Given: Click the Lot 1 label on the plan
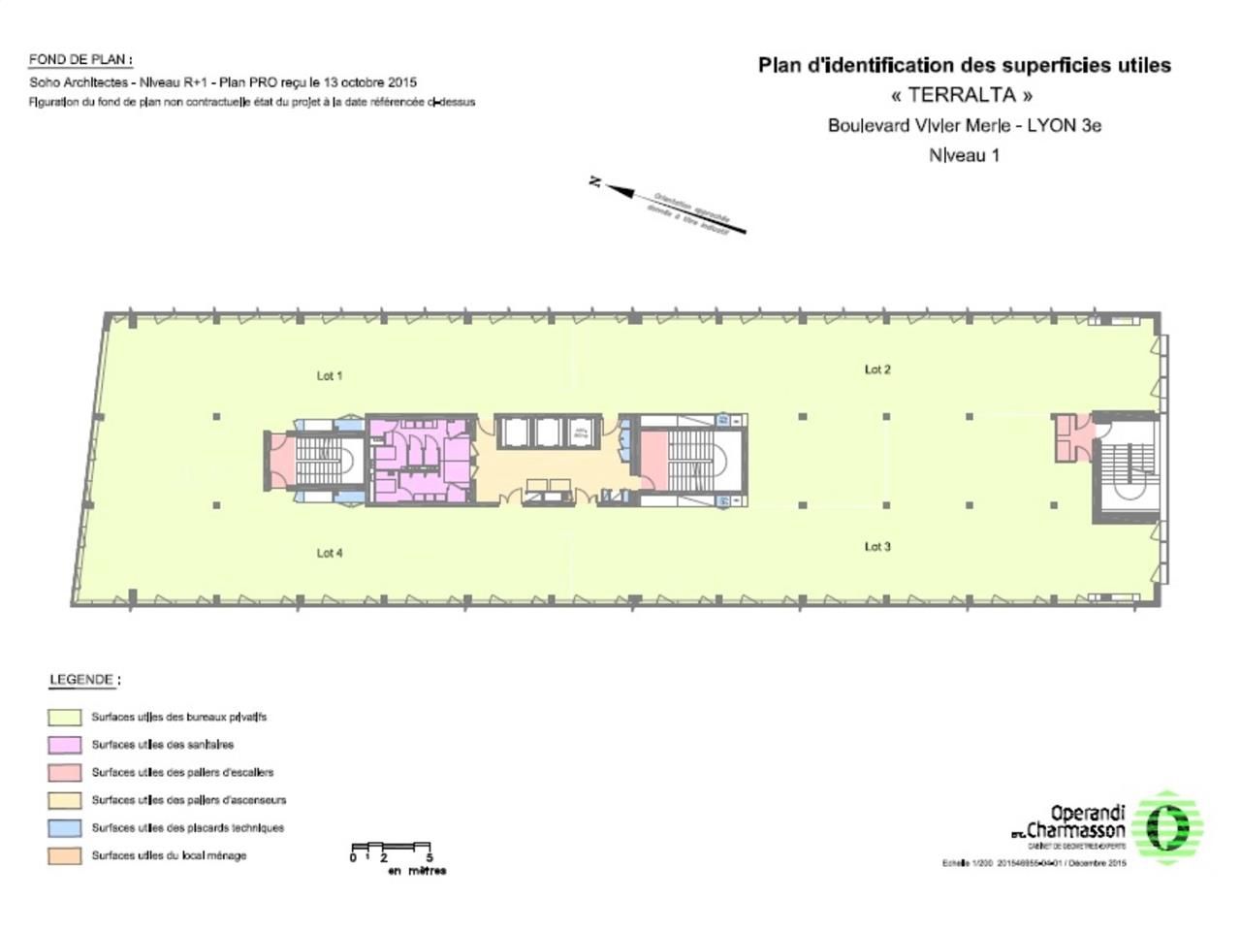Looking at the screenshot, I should coord(330,375).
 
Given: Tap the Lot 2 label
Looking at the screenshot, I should coord(877,369).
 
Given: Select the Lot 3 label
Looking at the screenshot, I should coord(877,547).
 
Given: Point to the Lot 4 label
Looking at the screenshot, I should coord(330,553).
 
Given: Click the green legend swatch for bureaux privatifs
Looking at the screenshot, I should coord(65,718).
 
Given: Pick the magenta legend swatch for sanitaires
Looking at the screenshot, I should coord(65,745).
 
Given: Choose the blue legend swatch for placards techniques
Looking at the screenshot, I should coord(65,828).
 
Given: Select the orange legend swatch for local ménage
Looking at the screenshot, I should coord(65,856).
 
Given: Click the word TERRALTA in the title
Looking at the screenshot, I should coord(962,95).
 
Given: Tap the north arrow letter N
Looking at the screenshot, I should coord(595,181).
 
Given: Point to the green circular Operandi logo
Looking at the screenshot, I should coord(1168,825).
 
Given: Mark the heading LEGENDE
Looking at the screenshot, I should coord(83,680).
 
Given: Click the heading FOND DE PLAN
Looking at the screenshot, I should coord(80,60).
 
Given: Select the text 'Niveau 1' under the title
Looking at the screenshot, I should coord(964,155).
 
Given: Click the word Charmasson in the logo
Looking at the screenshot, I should coord(1076,831).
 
